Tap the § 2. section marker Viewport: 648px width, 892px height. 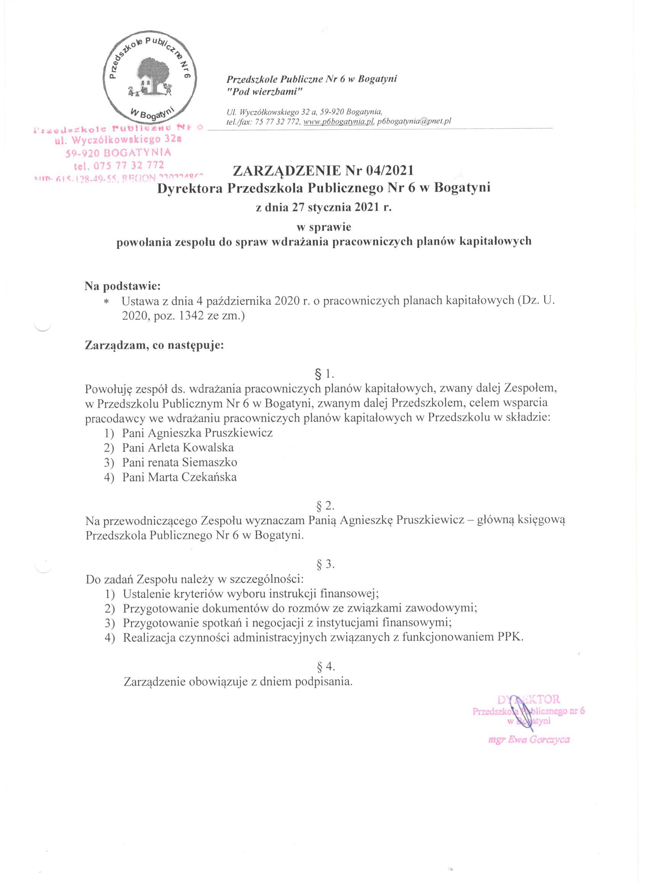(x=325, y=506)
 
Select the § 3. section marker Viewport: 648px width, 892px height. (x=325, y=565)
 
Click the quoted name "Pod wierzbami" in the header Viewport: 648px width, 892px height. (x=265, y=92)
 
